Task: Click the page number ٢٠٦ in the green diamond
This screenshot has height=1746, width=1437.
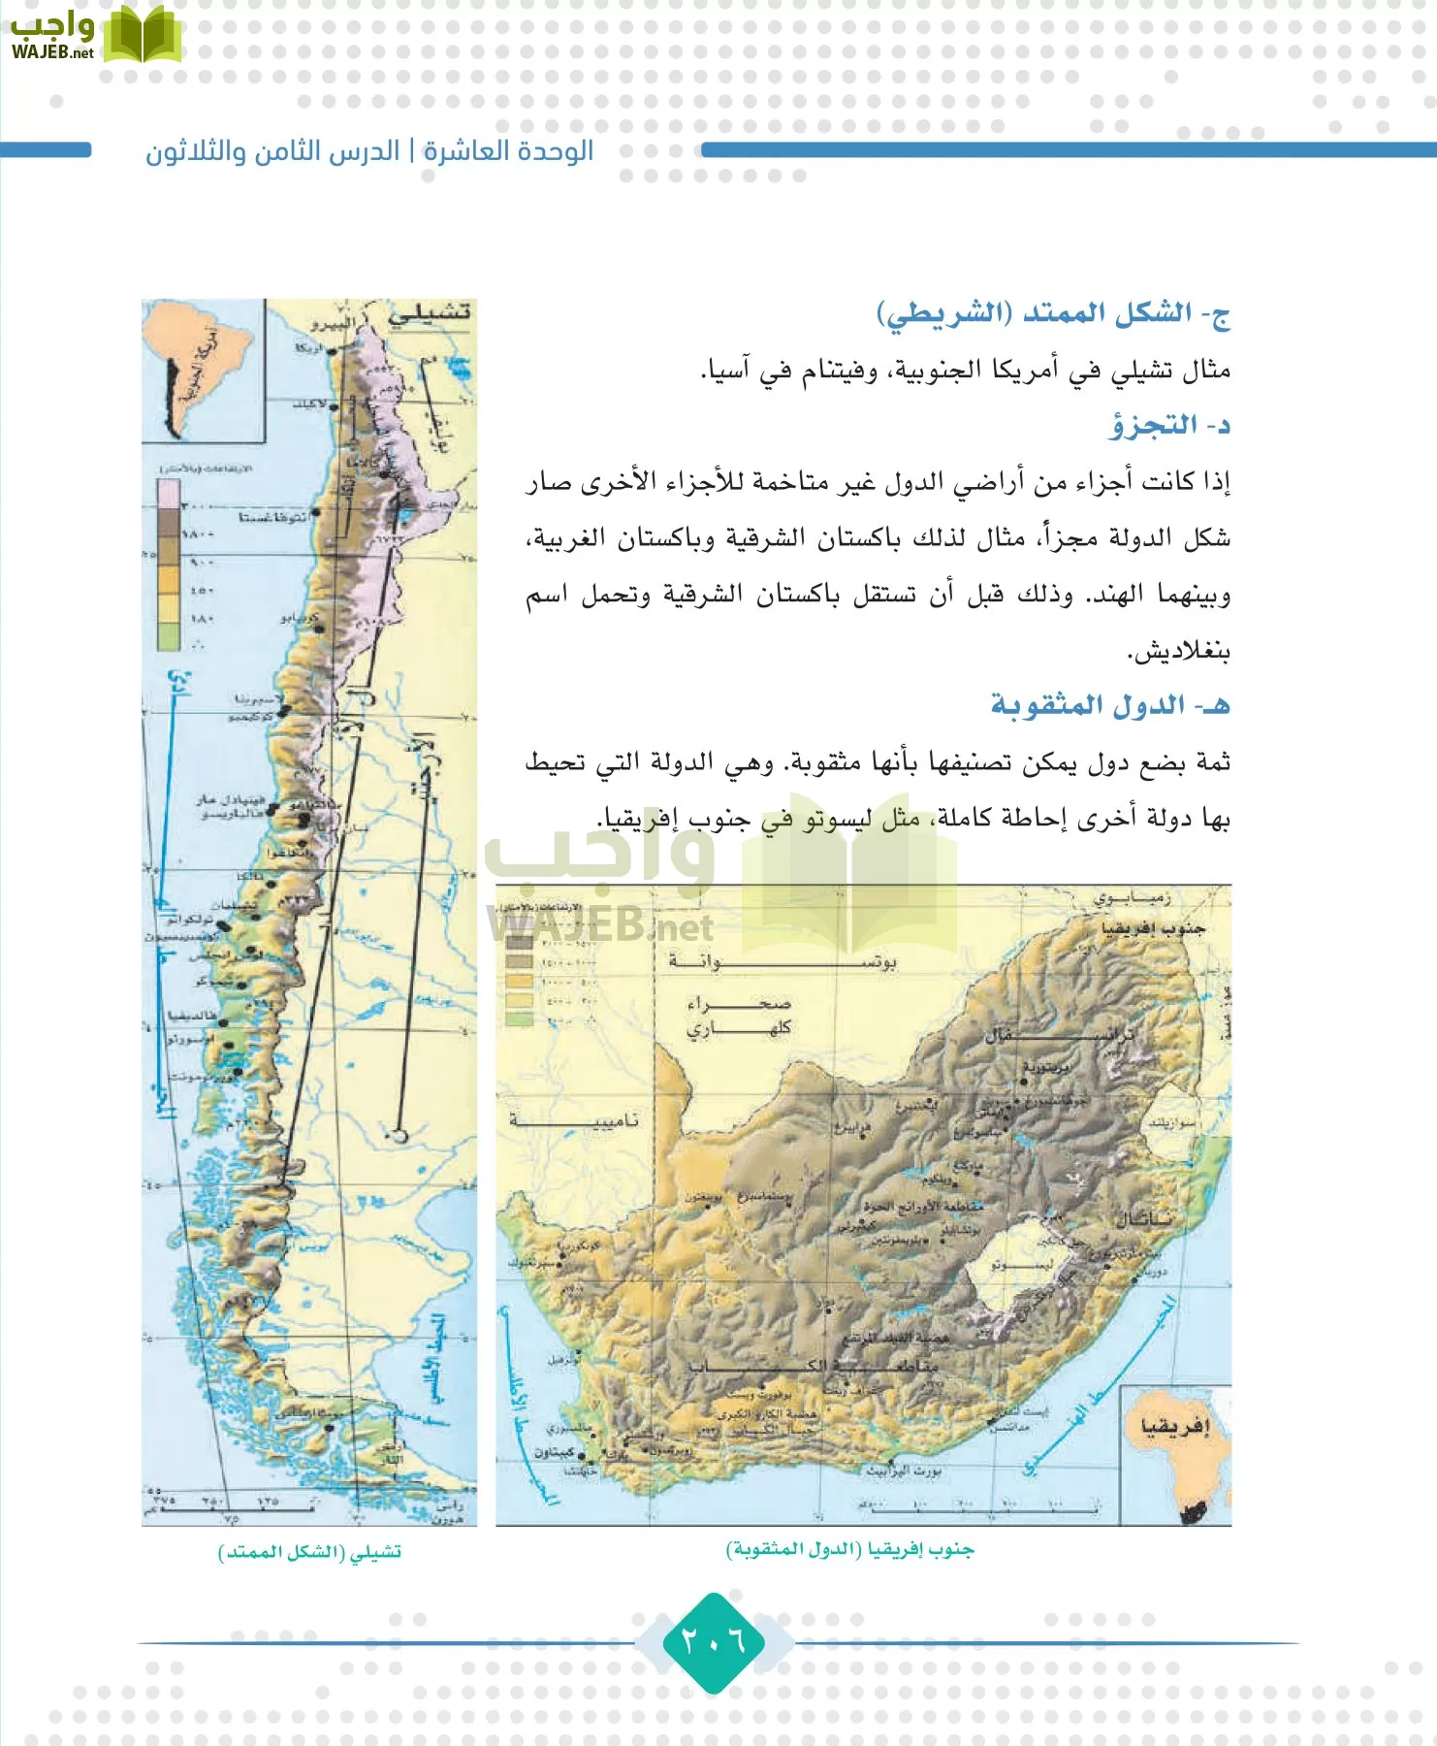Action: click(714, 1641)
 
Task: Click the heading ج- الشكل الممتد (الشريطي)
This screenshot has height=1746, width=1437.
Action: click(1053, 314)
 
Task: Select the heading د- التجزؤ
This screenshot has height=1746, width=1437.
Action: click(1169, 425)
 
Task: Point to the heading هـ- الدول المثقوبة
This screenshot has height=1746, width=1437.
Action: click(1109, 705)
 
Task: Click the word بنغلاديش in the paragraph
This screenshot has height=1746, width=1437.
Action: click(1178, 651)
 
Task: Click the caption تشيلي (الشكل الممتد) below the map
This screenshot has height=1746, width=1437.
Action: click(309, 1552)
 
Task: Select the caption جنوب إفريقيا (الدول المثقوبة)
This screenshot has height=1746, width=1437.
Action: click(849, 1549)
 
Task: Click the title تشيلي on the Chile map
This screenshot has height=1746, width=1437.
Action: click(430, 313)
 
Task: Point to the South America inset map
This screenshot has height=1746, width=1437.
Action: click(203, 369)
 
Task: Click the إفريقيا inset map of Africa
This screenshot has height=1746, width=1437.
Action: click(1175, 1455)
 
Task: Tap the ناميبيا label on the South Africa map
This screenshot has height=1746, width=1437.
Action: click(574, 1120)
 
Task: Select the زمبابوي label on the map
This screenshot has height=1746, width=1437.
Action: click(1133, 898)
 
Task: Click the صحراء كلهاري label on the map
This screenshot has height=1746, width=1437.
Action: click(739, 1016)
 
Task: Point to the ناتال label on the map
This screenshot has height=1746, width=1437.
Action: click(1144, 1217)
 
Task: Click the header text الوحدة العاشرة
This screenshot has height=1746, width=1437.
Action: click(508, 151)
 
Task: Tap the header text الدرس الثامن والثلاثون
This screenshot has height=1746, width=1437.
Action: click(272, 151)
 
